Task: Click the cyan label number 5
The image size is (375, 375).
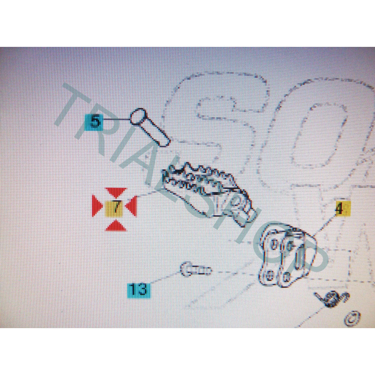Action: coord(95,122)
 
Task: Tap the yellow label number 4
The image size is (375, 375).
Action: coord(343,208)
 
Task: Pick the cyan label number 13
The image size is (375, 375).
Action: coord(139,290)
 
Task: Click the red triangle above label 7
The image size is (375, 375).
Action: coord(116,192)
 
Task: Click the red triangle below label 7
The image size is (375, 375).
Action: coord(116,226)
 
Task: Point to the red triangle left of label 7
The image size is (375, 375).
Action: coord(97,206)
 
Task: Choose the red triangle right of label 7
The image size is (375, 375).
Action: coord(132,206)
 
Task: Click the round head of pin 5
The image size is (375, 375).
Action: coord(138,116)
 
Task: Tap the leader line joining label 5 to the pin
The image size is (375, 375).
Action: coord(117,119)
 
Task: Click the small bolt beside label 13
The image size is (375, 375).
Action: coord(195,269)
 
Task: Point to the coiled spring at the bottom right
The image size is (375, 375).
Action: coord(333,299)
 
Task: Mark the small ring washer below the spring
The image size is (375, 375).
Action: coord(352,318)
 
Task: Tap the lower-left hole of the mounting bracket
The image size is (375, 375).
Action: coord(270,276)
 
